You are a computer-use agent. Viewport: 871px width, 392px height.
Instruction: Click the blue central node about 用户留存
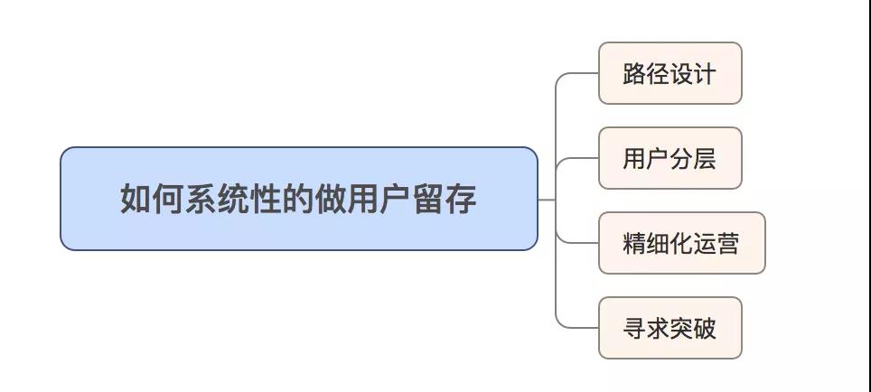pyautogui.click(x=298, y=199)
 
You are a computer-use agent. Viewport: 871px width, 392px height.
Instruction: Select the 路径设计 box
pyautogui.click(x=670, y=73)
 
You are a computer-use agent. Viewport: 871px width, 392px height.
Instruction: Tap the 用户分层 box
pyautogui.click(x=670, y=158)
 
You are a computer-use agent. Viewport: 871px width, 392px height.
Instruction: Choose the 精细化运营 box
pyautogui.click(x=681, y=243)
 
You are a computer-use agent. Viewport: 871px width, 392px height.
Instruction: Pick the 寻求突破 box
pyautogui.click(x=670, y=328)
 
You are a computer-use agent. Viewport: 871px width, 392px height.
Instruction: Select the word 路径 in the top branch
pyautogui.click(x=645, y=73)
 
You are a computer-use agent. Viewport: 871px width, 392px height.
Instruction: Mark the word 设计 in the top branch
pyautogui.click(x=693, y=73)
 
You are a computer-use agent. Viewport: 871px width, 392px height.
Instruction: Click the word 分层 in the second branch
pyautogui.click(x=693, y=158)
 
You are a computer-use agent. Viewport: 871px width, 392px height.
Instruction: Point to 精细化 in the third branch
pyautogui.click(x=657, y=243)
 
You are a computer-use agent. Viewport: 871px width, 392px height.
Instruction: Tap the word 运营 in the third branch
pyautogui.click(x=716, y=243)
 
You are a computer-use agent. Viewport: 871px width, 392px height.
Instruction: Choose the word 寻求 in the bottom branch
pyautogui.click(x=645, y=328)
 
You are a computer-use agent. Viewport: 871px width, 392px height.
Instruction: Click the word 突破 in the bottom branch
pyautogui.click(x=693, y=328)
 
